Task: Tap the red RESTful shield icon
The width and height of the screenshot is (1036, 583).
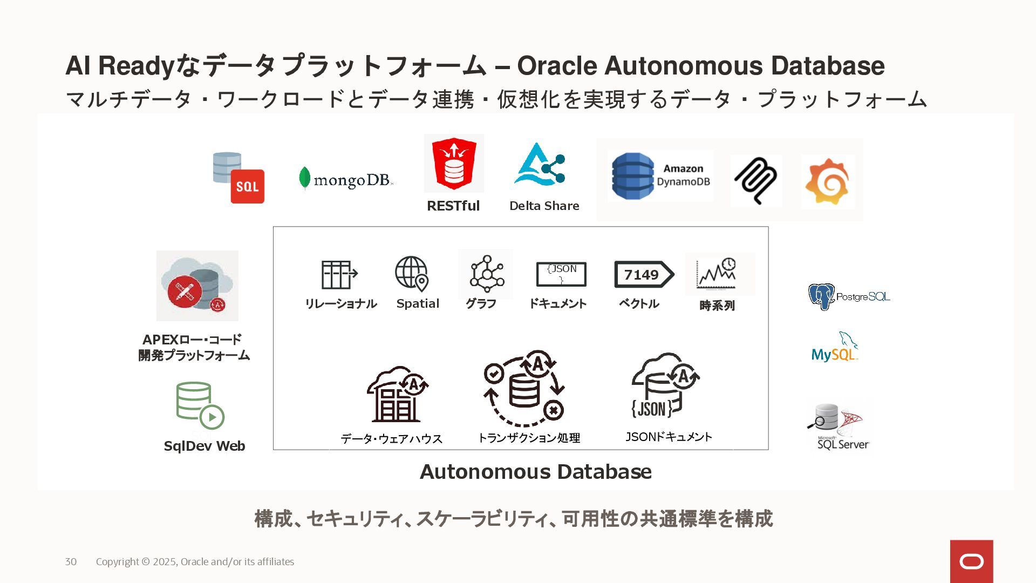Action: click(454, 163)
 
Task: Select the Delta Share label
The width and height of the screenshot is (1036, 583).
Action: click(544, 206)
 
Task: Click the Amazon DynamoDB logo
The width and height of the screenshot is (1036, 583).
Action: click(660, 176)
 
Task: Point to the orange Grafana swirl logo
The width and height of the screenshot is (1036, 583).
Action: click(827, 182)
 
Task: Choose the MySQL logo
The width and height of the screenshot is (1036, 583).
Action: click(835, 347)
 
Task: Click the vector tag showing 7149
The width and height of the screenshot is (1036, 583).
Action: click(643, 275)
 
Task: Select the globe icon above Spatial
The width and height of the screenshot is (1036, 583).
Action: click(412, 273)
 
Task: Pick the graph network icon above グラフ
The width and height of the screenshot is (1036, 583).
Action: click(486, 273)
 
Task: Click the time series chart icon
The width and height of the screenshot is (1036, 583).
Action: click(717, 274)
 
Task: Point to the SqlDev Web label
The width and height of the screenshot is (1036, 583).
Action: click(205, 446)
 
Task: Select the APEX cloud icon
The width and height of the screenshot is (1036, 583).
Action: click(197, 286)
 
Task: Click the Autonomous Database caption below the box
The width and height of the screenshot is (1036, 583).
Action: click(535, 472)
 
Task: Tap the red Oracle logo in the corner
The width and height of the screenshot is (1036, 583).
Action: click(971, 561)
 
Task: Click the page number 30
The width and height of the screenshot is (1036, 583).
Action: click(71, 561)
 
